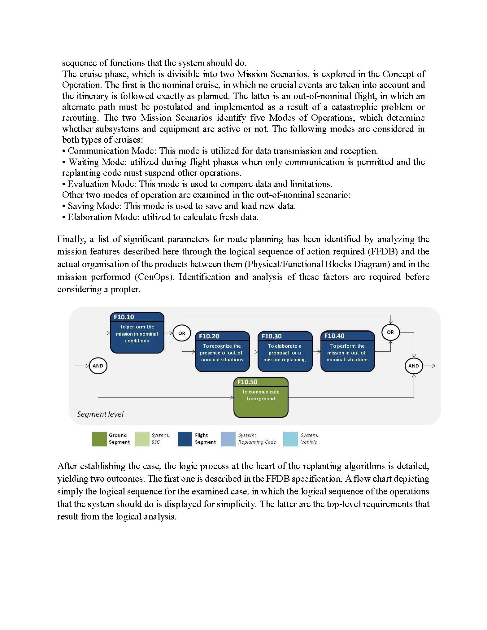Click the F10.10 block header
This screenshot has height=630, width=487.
[137, 317]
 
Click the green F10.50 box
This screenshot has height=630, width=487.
[261, 397]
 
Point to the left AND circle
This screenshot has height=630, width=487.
[98, 366]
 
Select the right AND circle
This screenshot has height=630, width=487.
[413, 366]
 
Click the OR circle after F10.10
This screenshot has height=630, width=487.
[181, 333]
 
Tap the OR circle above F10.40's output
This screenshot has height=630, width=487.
[390, 332]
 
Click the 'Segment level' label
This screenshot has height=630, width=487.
[100, 414]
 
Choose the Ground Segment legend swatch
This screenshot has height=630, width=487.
[99, 439]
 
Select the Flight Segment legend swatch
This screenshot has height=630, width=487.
[185, 439]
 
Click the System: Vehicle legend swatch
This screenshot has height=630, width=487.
[290, 439]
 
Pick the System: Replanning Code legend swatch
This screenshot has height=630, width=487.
[228, 439]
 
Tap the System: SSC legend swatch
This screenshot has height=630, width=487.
[142, 439]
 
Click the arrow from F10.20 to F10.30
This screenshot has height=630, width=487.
[254, 352]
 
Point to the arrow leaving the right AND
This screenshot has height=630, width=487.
[429, 366]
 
